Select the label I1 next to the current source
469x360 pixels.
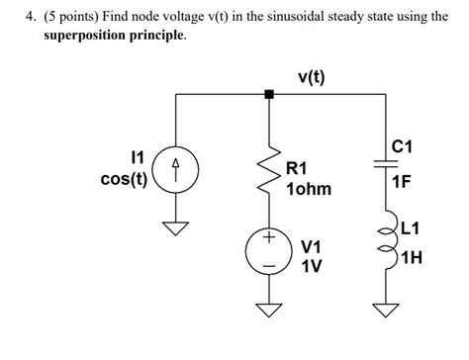[x=138, y=157]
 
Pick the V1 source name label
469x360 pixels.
[x=311, y=244]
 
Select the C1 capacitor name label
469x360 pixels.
[x=403, y=147]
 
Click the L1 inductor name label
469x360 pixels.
[x=412, y=228]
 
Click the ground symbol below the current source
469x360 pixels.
[x=176, y=228]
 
